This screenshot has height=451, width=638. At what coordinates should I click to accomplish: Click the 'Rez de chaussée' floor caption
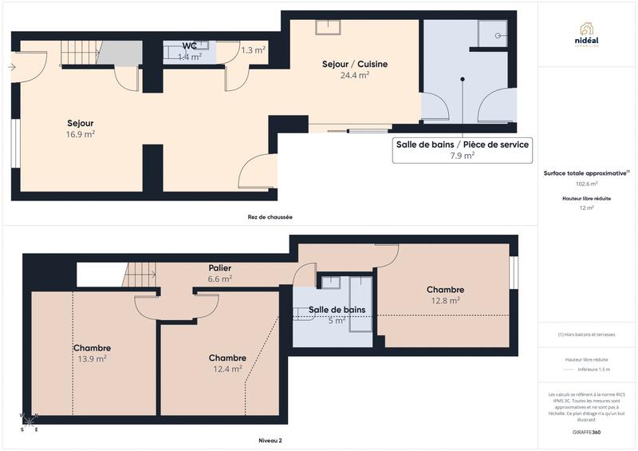pos(264,216)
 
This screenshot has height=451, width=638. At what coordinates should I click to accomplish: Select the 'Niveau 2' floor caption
pos(270,440)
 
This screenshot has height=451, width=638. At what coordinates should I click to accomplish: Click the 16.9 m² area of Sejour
pos(81,134)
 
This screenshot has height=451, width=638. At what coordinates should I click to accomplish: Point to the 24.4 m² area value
pos(354,76)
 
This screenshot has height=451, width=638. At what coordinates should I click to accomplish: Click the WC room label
pos(189,45)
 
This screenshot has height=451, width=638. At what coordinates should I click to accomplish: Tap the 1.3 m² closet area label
pos(253,49)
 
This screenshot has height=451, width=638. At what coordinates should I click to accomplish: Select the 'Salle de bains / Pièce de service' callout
pos(462,149)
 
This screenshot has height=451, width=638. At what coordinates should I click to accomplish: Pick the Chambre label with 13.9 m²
pos(92,348)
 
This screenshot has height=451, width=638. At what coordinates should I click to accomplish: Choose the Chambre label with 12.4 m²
pos(227,358)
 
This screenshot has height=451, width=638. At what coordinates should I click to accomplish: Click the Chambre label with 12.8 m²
pos(445,290)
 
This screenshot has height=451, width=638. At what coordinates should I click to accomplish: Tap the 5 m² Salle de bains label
pos(337,310)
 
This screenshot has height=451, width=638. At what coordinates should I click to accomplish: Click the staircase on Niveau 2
pos(140,275)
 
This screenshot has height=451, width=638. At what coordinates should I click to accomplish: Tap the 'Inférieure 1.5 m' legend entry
pos(593,370)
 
